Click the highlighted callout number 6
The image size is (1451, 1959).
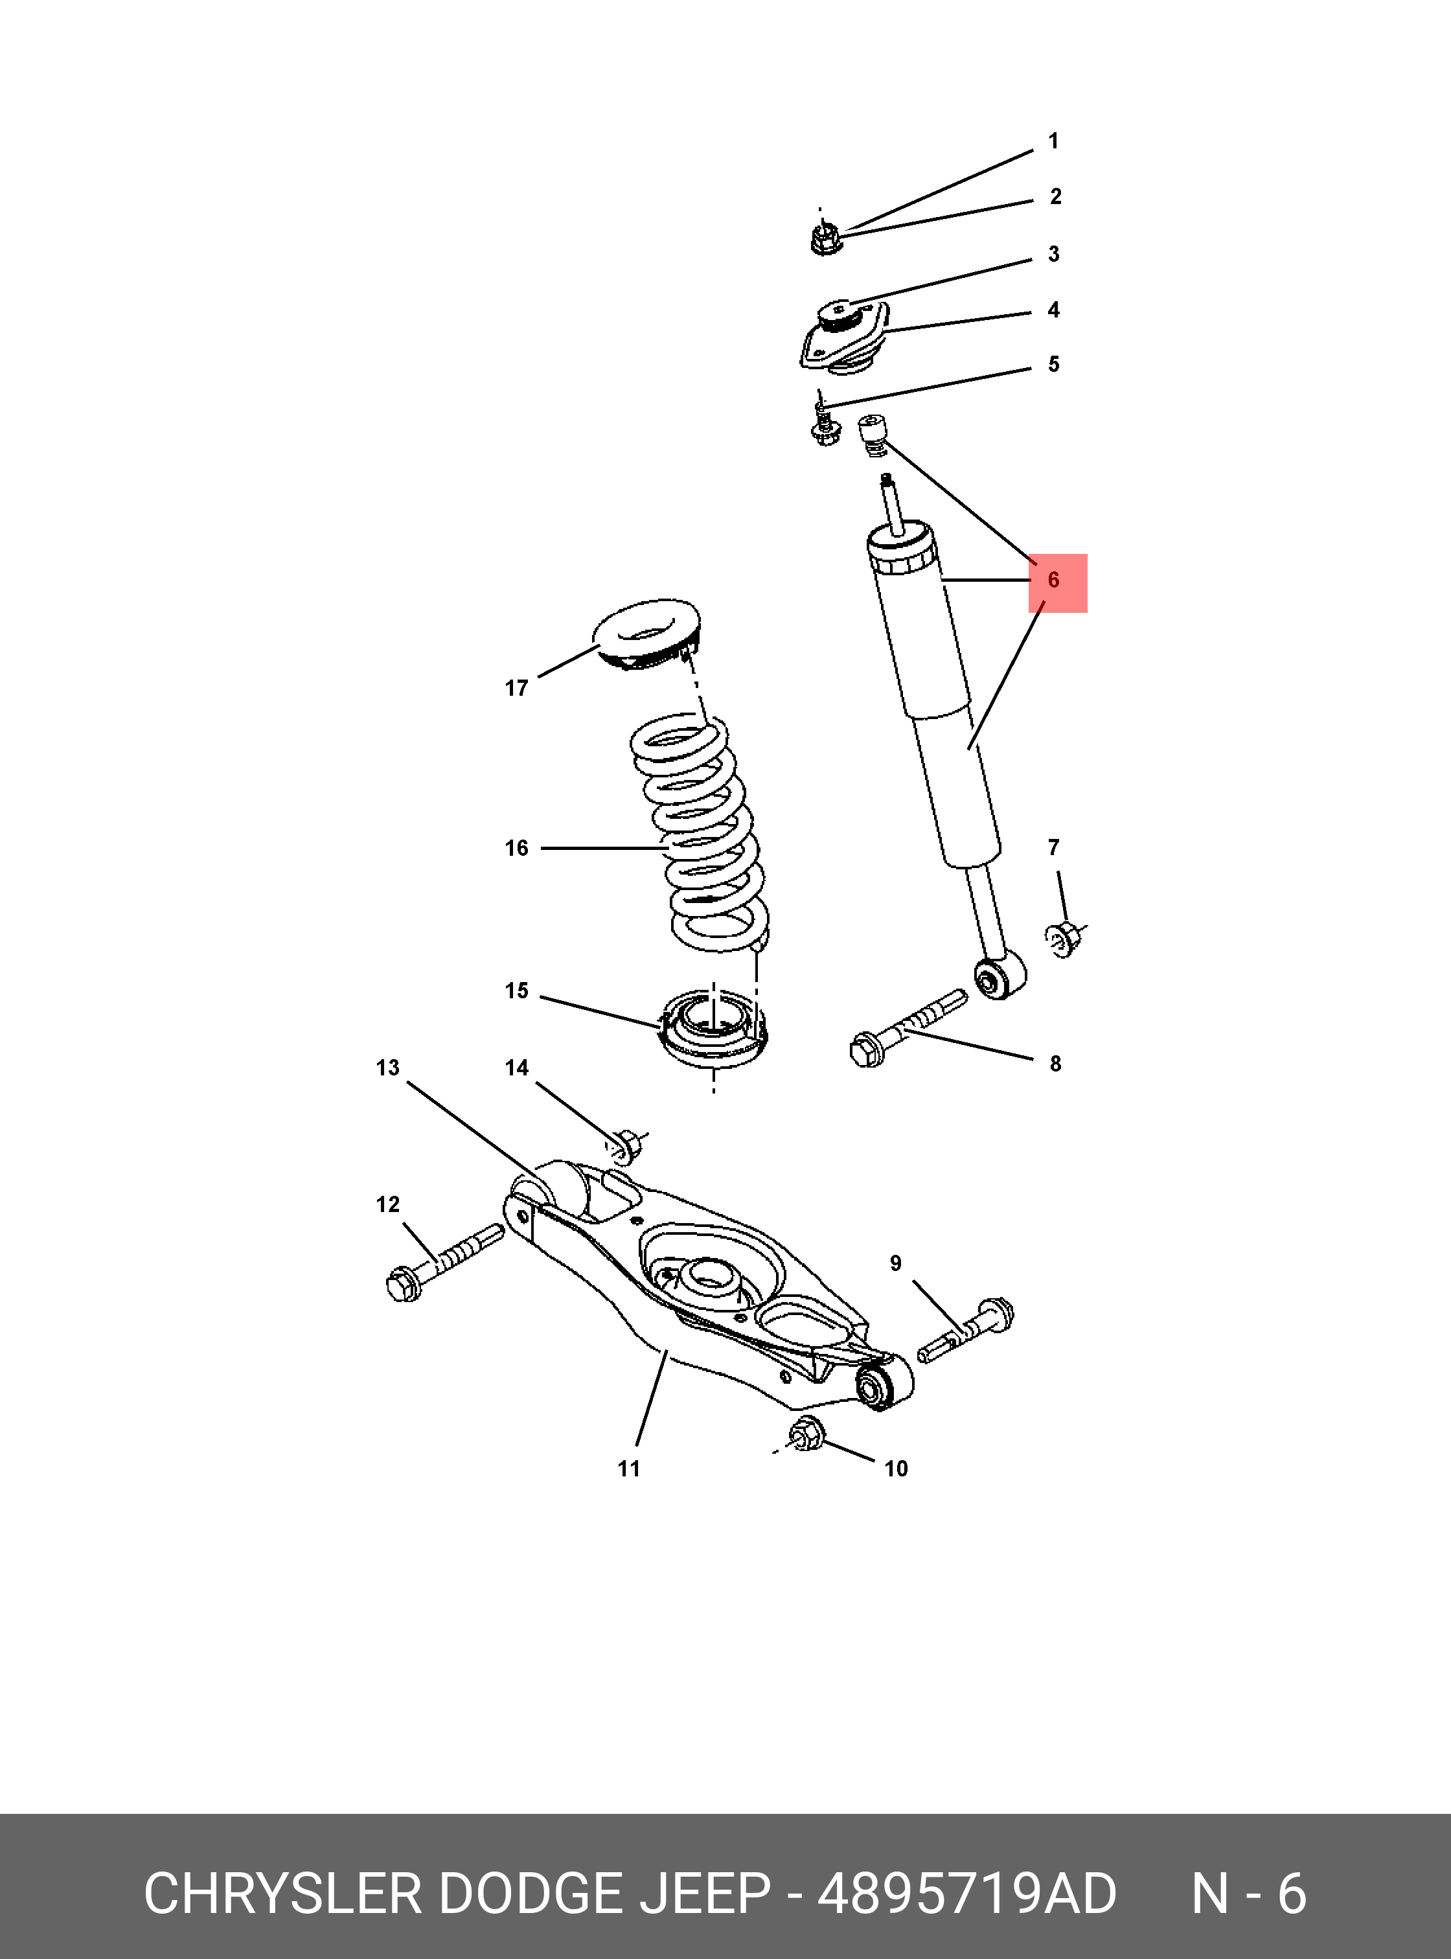pyautogui.click(x=1053, y=580)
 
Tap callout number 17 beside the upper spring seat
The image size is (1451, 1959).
pyautogui.click(x=516, y=689)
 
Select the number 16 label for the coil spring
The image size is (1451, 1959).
pyautogui.click(x=516, y=848)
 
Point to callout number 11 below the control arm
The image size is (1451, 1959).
pyautogui.click(x=629, y=1469)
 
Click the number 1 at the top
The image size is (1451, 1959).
pyautogui.click(x=1054, y=141)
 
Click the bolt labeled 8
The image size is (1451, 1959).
pyautogui.click(x=908, y=1029)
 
